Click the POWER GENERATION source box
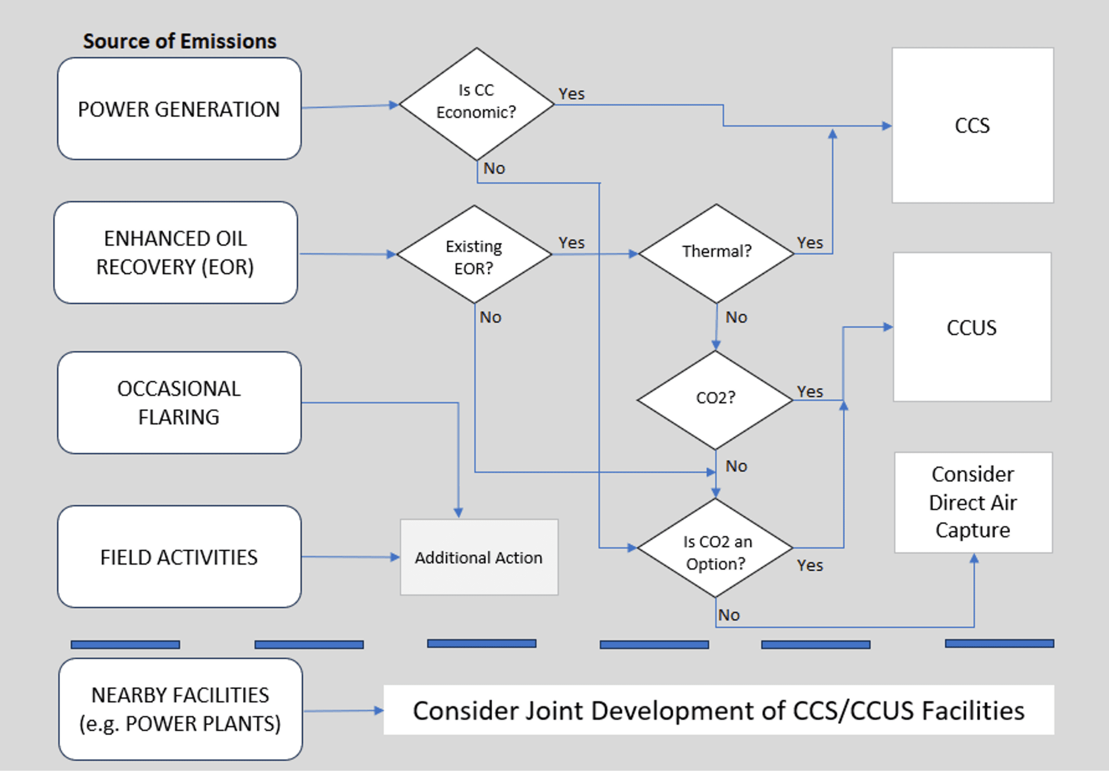pos(179,109)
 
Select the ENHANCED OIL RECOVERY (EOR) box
pos(176,252)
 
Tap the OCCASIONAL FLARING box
pos(179,403)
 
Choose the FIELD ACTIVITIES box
pos(179,557)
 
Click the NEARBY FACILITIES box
pos(181,709)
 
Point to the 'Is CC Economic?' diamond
pos(477,104)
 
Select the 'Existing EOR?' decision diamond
pos(474,255)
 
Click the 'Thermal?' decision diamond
pos(717,253)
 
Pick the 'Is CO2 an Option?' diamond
pos(715,548)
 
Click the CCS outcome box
pos(973,125)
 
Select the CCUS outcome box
pos(972,327)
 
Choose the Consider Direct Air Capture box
pos(973,503)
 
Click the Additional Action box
pos(479,557)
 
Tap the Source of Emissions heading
pos(180,41)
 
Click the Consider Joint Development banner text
pos(719,710)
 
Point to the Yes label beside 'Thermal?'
pos(810,243)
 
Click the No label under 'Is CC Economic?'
pos(494,168)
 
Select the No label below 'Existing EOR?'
pos(490,317)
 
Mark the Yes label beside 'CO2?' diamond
pos(810,391)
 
